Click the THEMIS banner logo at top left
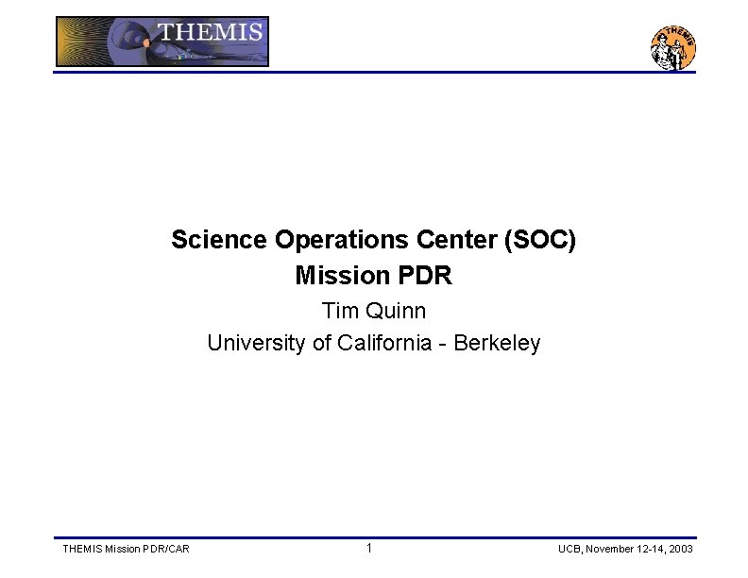coord(161,42)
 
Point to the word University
coord(248,343)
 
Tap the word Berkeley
coord(497,343)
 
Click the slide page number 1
coord(369,548)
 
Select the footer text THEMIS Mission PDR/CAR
coord(125,549)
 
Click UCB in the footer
coord(570,549)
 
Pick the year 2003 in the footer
coord(680,549)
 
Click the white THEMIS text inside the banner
coord(210,32)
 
